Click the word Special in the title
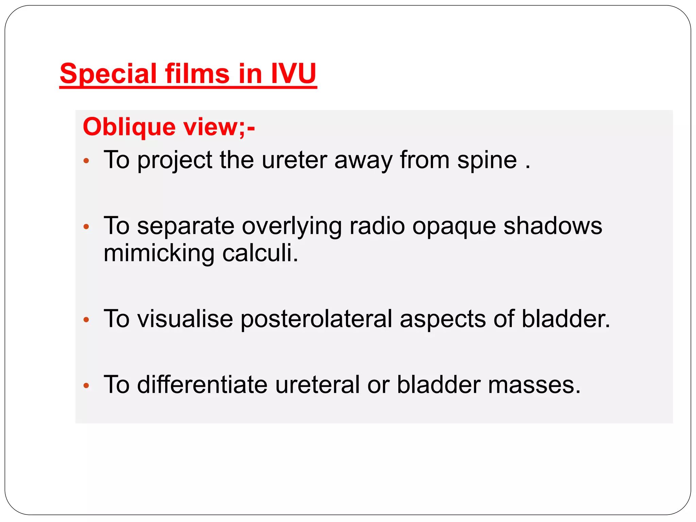[108, 74]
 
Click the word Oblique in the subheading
[129, 127]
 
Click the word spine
[487, 160]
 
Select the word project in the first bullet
[175, 160]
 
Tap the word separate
[186, 226]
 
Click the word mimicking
[159, 254]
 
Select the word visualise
[185, 319]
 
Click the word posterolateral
[316, 319]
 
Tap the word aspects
[443, 319]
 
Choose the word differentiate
[202, 385]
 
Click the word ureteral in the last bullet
[317, 385]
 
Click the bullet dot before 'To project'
[86, 161]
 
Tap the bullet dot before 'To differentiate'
[86, 386]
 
